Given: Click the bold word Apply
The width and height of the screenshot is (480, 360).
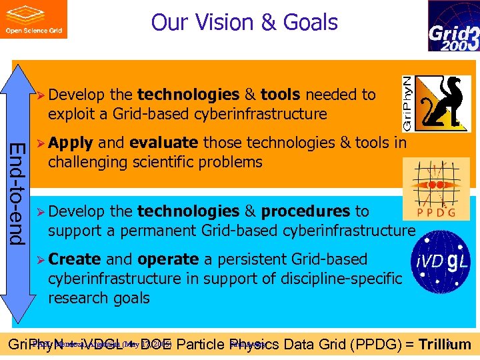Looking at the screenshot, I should point(70,143).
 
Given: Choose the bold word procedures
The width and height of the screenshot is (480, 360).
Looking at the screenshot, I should point(305,211).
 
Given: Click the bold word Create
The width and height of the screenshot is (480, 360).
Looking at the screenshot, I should point(74,259).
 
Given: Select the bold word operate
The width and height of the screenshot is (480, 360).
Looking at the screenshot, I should point(167,259).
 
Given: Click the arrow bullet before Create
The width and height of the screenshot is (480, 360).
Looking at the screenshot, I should point(41,260).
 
